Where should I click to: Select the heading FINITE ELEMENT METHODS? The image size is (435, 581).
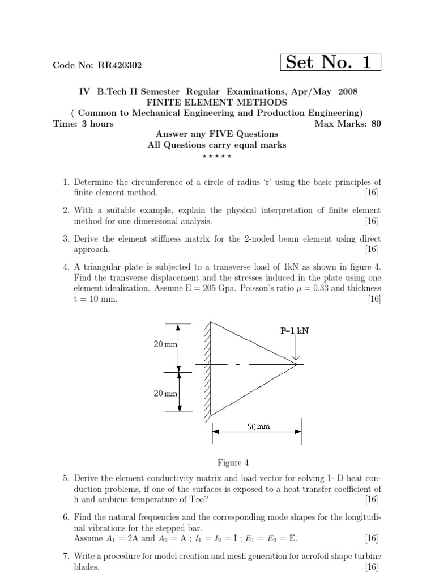(217, 102)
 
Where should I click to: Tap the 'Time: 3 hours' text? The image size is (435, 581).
(83, 124)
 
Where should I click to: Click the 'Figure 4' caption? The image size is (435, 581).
(217, 463)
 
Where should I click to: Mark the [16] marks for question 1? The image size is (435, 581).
(373, 193)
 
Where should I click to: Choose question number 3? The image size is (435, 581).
(66, 239)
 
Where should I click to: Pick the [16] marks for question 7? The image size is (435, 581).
(373, 567)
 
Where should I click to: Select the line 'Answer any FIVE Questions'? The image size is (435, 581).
(217, 134)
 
